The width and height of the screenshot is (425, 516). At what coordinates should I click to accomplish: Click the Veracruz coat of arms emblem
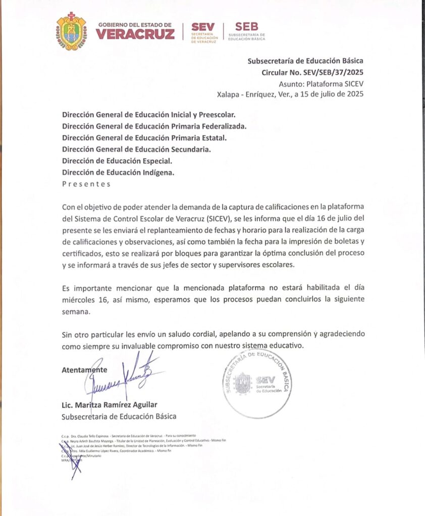point(71,31)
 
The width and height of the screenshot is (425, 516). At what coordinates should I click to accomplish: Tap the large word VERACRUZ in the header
point(135,34)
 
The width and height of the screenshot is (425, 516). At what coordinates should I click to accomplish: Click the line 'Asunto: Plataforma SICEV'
point(321,84)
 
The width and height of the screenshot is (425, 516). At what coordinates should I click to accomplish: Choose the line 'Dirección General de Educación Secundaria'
point(136,149)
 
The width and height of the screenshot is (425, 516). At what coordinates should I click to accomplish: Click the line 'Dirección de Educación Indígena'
point(118,172)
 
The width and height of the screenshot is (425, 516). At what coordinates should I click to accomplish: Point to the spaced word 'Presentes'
point(86,184)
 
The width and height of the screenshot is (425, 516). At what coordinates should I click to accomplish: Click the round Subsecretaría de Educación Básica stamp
point(256,383)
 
